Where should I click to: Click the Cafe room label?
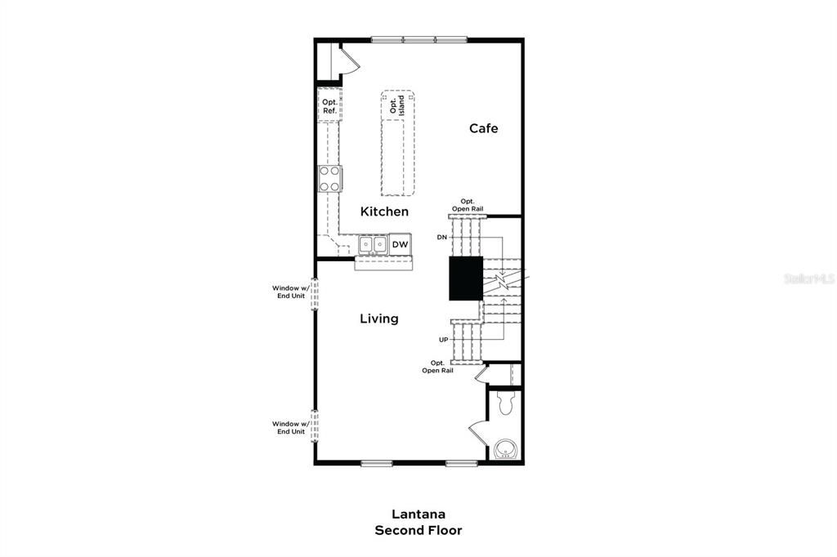(x=483, y=128)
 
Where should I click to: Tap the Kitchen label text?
(x=384, y=212)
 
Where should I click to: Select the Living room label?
(x=379, y=319)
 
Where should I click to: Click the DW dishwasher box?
(x=400, y=245)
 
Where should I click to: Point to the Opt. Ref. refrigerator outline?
(x=329, y=106)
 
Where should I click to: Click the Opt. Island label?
(x=396, y=105)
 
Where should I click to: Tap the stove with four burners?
(x=329, y=178)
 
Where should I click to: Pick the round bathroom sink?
(x=504, y=450)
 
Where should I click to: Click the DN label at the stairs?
(x=441, y=237)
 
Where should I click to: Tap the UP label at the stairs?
(x=443, y=339)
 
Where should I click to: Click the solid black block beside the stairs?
(x=465, y=278)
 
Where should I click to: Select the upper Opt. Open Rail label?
(x=467, y=205)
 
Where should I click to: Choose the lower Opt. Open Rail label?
(x=437, y=367)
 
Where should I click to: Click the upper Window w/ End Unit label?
(x=290, y=292)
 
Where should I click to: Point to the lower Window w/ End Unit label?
(x=290, y=427)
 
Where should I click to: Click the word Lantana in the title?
(x=418, y=515)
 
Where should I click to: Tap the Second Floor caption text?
(x=418, y=531)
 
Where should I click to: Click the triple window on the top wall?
(x=418, y=38)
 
